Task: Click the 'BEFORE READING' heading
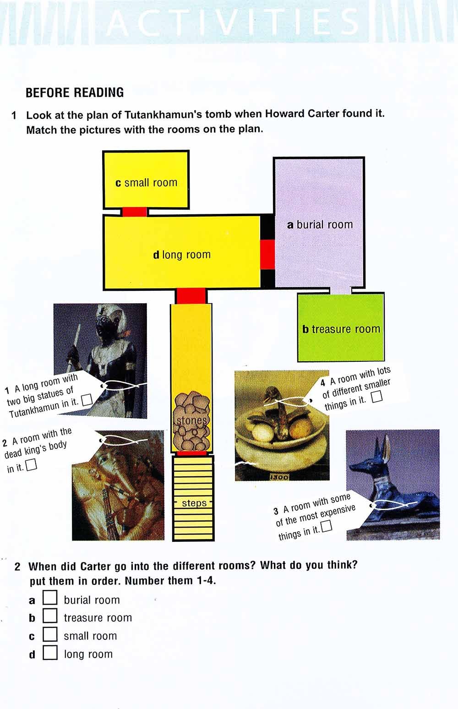[x=75, y=93]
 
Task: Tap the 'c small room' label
[x=146, y=183]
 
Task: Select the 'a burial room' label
[x=320, y=224]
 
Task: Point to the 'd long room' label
[x=182, y=255]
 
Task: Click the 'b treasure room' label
[x=341, y=329]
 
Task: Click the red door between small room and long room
[x=135, y=212]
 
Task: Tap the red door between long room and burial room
[x=267, y=255]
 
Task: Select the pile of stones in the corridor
[x=191, y=420]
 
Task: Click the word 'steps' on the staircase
[x=194, y=503]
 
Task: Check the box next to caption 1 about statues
[x=87, y=400]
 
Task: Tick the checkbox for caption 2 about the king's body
[x=31, y=465]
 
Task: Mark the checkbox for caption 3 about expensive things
[x=327, y=526]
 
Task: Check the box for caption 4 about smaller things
[x=376, y=397]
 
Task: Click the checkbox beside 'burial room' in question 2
[x=50, y=597]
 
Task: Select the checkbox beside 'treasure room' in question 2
[x=50, y=615]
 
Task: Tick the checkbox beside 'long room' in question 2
[x=50, y=652]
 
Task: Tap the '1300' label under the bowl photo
[x=279, y=477]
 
